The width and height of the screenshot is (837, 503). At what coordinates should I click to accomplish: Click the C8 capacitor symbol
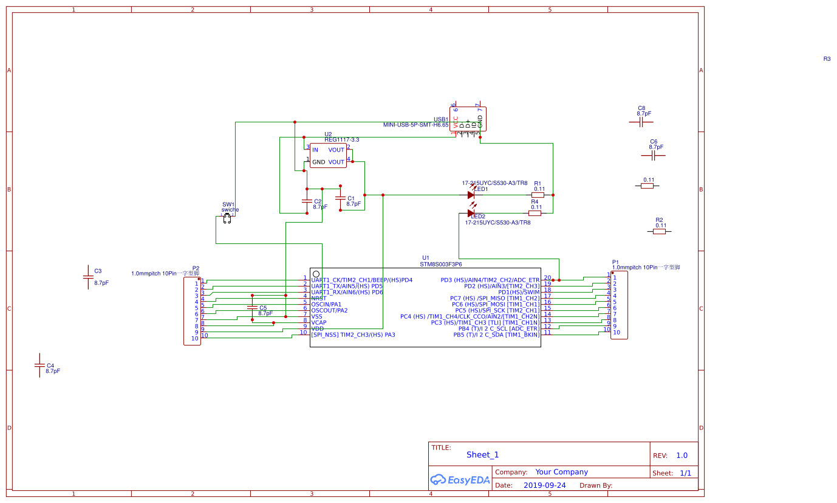641,122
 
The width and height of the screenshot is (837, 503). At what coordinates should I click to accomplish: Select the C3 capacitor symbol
87,277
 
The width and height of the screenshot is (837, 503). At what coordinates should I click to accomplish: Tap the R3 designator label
827,59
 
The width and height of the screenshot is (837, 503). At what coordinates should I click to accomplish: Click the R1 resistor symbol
538,195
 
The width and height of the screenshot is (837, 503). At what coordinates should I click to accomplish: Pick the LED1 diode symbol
471,195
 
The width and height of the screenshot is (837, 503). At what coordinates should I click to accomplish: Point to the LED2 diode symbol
471,213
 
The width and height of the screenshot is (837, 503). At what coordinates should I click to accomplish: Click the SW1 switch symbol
227,218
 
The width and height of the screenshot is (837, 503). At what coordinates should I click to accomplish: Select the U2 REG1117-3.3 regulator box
327,156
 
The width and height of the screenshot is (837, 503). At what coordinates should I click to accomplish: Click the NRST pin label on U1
319,298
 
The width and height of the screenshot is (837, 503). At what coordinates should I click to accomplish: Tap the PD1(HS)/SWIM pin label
517,292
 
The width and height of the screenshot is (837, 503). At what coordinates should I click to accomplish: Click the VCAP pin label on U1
319,322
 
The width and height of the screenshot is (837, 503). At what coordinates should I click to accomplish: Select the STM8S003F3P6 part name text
440,265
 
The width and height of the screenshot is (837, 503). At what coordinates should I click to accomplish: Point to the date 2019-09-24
544,485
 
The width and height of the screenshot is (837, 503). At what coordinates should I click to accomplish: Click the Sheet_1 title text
482,455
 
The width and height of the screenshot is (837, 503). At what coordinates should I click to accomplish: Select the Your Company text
561,472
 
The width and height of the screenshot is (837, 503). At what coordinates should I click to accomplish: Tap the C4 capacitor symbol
39,366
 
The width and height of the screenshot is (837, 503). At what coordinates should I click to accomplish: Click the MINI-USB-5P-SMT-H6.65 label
415,125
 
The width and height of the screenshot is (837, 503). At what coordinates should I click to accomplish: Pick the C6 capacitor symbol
653,156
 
